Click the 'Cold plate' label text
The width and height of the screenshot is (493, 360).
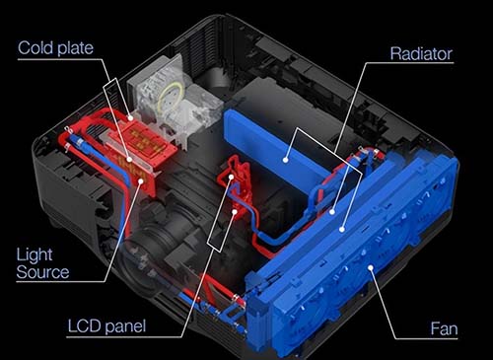[x=55, y=48]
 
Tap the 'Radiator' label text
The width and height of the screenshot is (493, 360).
[x=421, y=54]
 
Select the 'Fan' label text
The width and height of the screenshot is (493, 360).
[x=444, y=328]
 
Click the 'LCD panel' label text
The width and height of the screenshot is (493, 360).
[x=106, y=326]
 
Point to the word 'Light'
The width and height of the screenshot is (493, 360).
[x=35, y=255]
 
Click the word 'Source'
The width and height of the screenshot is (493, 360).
[x=42, y=272]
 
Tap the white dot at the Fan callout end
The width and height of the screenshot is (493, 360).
[x=371, y=267]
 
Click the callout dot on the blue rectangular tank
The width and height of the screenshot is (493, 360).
[x=286, y=160]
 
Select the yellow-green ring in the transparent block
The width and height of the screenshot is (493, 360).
[x=169, y=98]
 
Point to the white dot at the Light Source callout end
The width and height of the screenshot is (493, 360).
[x=141, y=180]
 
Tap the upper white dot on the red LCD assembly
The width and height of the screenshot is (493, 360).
[x=232, y=177]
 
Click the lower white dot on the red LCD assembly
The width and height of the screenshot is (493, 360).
[x=235, y=212]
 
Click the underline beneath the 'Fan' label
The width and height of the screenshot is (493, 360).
[x=426, y=338]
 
